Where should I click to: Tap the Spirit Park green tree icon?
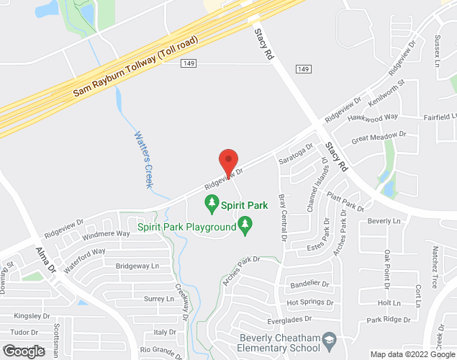pos(212,205)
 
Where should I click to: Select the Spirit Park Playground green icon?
pos(245,227)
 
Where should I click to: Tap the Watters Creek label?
pos(144,160)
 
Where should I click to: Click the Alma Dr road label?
pos(45,260)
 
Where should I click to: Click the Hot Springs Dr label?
pos(309,302)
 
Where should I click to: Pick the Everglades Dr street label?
pos(289,318)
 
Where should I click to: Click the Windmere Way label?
pos(106,234)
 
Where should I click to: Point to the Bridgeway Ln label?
pos(137,266)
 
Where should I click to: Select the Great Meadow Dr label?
pos(379,137)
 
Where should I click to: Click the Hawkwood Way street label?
pos(372,117)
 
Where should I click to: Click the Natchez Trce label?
pos(435,264)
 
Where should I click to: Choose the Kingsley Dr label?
pos(31,315)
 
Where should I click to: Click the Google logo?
pos(24,351)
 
